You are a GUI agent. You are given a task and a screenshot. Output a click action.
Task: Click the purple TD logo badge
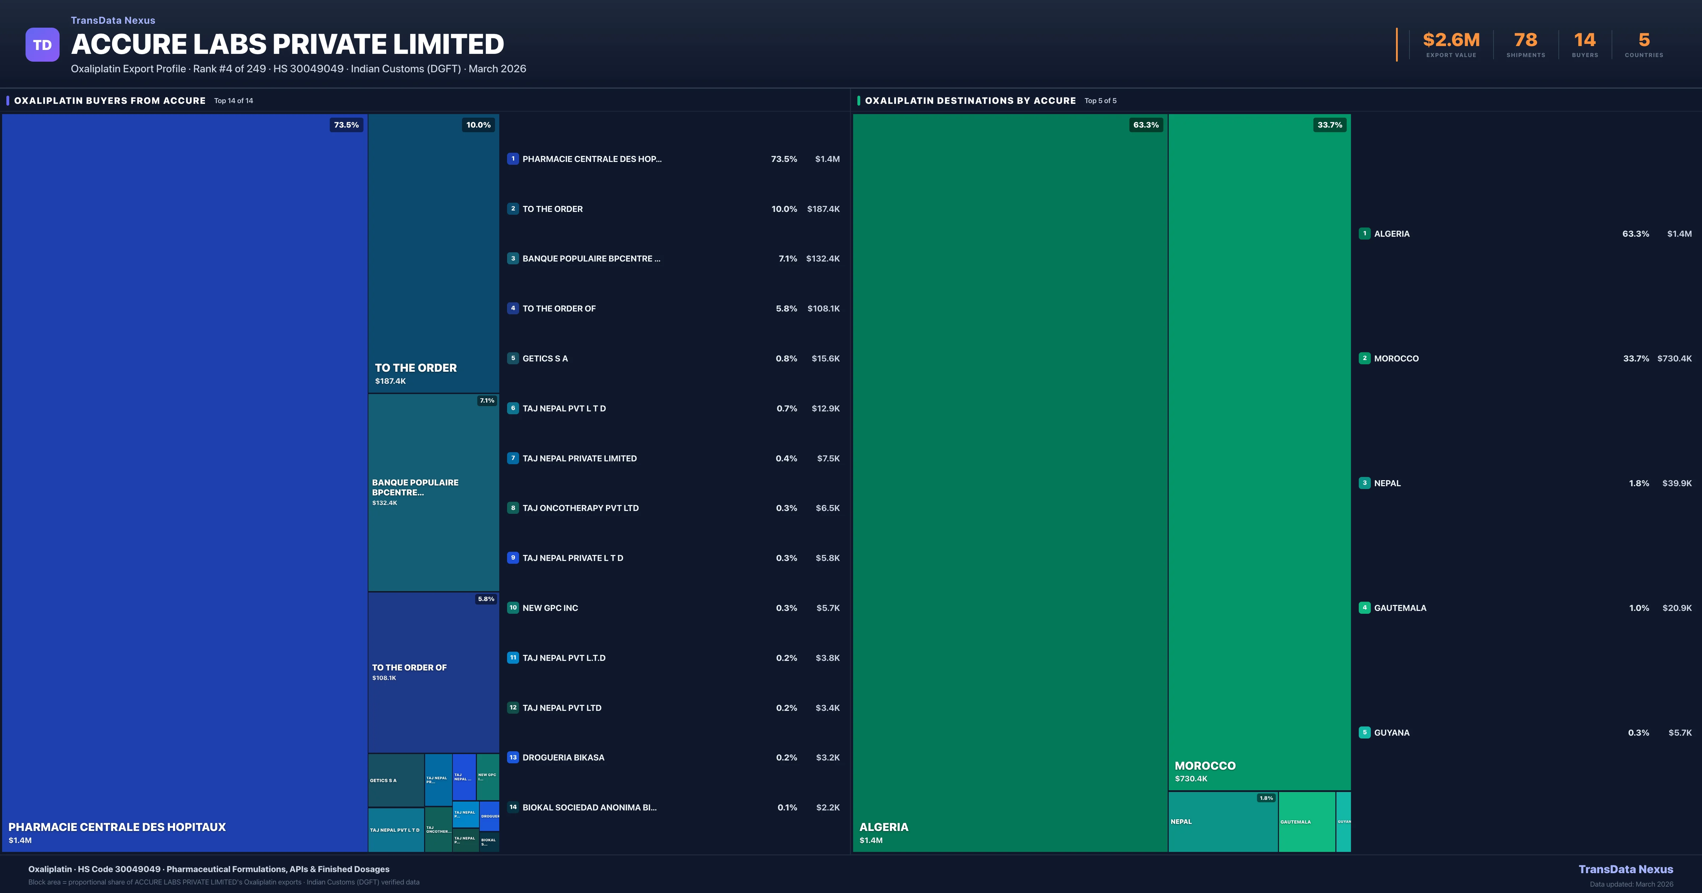(42, 45)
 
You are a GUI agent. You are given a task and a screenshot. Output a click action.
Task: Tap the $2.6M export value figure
(1451, 40)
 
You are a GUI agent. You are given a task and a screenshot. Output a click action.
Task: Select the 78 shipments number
(1525, 40)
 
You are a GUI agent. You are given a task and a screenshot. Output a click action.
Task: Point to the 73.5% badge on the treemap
(346, 125)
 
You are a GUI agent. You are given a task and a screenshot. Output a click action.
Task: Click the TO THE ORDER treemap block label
(416, 368)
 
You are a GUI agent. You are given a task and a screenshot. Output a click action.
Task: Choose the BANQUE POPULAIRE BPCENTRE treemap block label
(415, 488)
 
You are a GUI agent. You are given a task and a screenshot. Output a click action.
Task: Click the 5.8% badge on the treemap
(486, 599)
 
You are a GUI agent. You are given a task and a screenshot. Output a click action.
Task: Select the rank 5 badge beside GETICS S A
(513, 358)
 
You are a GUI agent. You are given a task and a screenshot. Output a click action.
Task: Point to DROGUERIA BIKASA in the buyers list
(563, 758)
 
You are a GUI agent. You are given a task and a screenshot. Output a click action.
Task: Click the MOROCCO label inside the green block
(1205, 765)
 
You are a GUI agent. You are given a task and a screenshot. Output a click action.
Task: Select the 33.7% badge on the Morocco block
(1329, 125)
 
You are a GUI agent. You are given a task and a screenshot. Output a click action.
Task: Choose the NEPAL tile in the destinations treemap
(1222, 822)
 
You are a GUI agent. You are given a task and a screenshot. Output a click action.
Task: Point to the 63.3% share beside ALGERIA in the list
(1635, 234)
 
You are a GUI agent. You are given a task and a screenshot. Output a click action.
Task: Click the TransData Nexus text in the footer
(1625, 869)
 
